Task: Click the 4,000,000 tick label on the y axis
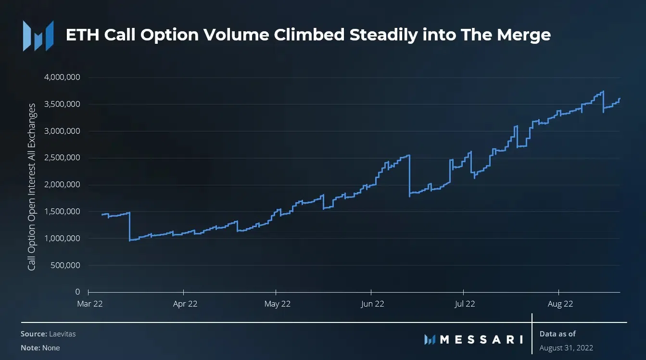(63, 77)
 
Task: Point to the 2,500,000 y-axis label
(63, 158)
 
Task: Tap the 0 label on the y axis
(77, 292)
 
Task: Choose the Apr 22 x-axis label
(185, 304)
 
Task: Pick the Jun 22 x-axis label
(372, 304)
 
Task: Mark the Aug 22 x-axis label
(560, 304)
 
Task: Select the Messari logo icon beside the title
(38, 36)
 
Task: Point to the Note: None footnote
(40, 347)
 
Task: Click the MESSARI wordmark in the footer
(481, 339)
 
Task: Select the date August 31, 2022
(566, 347)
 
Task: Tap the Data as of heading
(557, 334)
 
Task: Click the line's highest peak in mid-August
(603, 91)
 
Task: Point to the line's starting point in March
(102, 214)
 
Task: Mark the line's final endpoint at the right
(620, 98)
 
